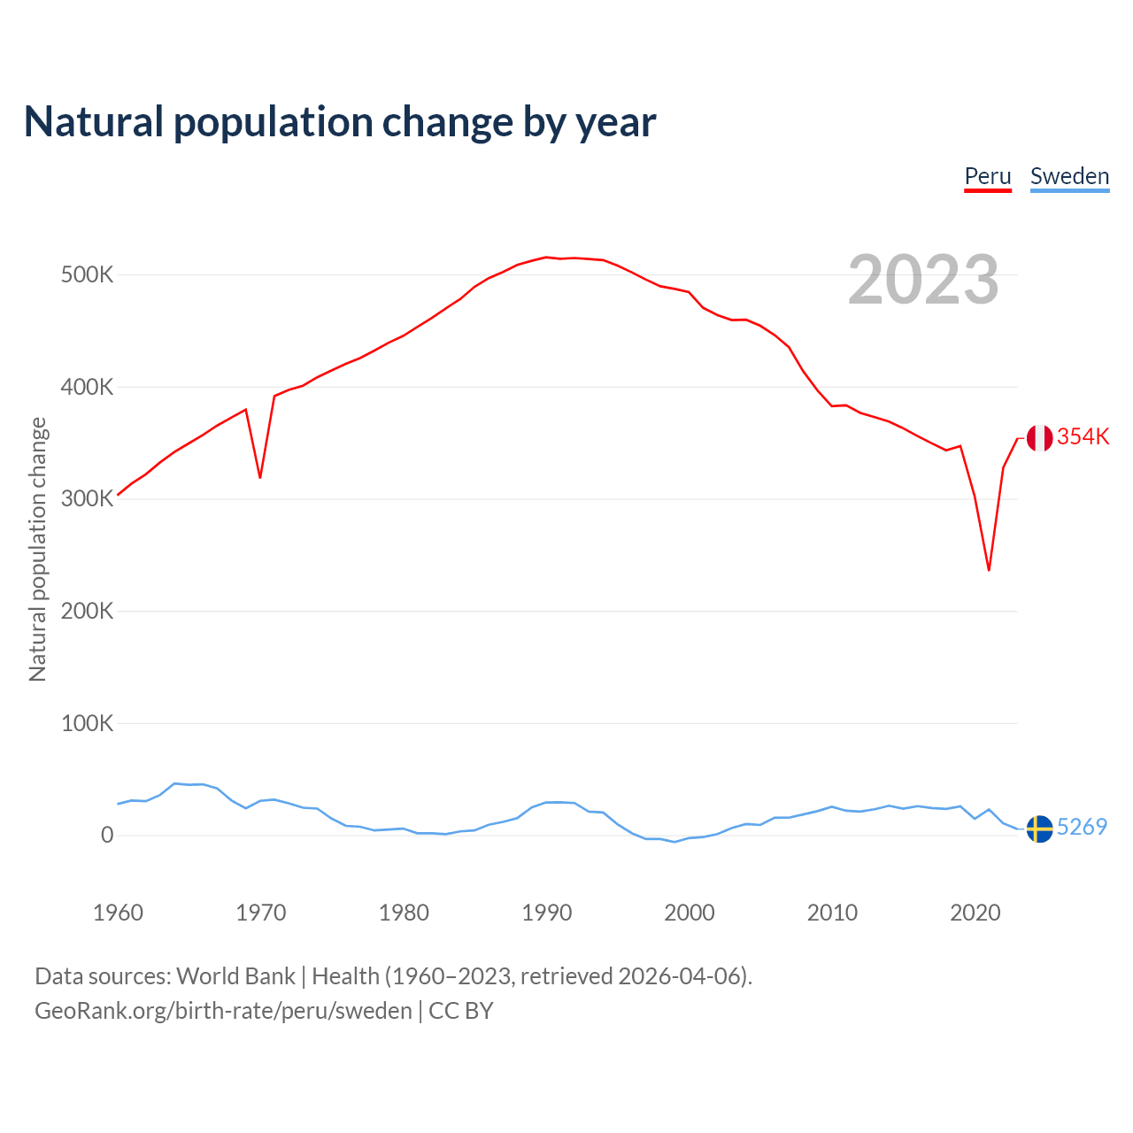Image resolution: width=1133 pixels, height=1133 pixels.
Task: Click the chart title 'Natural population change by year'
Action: pos(340,122)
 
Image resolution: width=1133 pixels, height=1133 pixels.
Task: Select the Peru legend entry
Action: pos(988,176)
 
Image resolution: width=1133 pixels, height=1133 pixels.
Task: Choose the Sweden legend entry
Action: pos(1069,176)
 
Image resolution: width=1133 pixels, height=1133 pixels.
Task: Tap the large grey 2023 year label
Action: pos(923,280)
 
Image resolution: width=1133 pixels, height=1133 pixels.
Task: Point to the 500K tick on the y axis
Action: pos(87,274)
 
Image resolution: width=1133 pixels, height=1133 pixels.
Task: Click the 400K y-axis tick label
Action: pos(87,387)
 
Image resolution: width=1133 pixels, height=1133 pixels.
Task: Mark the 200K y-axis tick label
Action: pos(87,611)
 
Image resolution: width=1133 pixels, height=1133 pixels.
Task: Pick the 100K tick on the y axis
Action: pos(87,723)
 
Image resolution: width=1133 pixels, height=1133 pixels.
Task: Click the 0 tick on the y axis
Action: pos(107,835)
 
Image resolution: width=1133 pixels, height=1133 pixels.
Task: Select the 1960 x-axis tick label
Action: pos(118,913)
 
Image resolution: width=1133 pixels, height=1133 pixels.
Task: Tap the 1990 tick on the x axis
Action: pos(546,913)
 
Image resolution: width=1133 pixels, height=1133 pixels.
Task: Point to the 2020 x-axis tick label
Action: pos(975,913)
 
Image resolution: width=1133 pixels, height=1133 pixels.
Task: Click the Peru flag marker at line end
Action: pos(1039,437)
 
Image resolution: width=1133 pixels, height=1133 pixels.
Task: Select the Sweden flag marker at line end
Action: pos(1039,829)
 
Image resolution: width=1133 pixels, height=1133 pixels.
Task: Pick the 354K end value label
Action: pos(1083,436)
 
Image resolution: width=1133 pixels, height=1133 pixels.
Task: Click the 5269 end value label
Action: pos(1082,827)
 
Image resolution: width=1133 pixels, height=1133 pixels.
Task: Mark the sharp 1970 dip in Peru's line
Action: pos(260,477)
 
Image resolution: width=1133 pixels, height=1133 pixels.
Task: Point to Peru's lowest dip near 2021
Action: pos(989,569)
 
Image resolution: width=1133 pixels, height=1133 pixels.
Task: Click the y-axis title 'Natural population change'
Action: pos(37,550)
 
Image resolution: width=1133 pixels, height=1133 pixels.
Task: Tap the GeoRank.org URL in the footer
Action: pos(223,1011)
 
